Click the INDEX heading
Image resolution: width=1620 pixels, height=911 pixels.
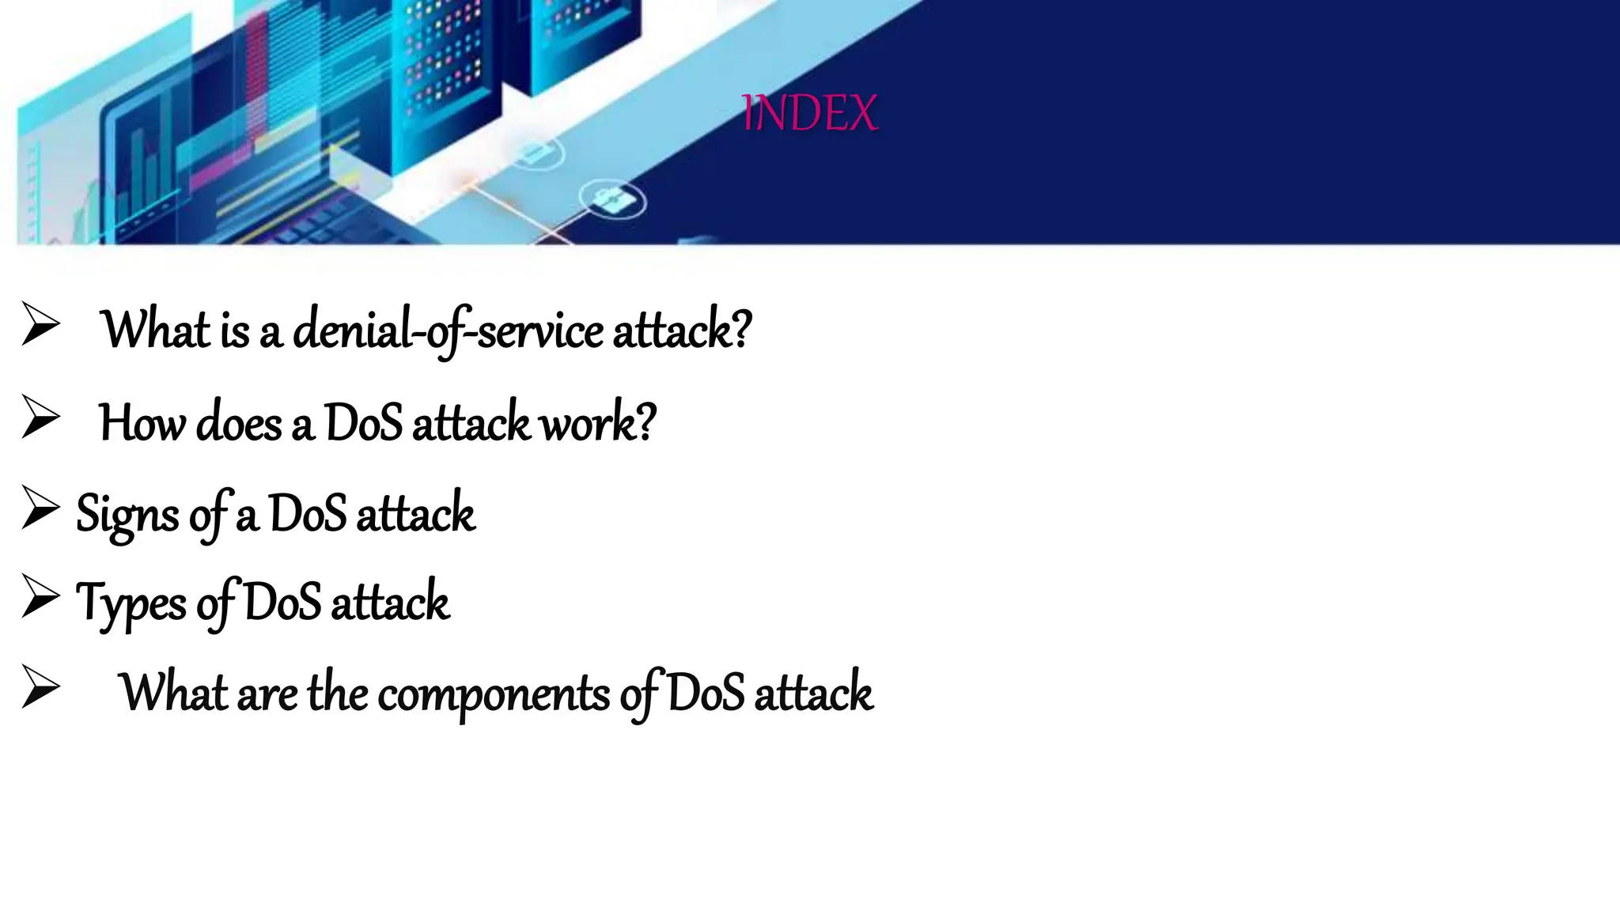click(809, 113)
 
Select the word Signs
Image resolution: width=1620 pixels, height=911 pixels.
click(127, 515)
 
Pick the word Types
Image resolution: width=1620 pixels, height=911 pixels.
click(131, 603)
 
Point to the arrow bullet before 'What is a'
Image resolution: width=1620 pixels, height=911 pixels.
click(40, 324)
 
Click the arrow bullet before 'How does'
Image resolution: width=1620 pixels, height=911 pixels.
click(40, 417)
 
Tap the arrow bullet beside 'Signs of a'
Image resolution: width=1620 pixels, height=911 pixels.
click(40, 508)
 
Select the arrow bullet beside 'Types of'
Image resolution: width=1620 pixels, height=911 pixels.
click(40, 596)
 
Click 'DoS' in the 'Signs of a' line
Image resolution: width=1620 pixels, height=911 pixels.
click(307, 513)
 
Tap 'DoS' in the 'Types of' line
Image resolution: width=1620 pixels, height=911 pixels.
click(282, 602)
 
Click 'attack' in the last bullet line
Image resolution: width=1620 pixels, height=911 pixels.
click(812, 693)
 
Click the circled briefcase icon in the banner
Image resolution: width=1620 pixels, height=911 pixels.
click(612, 201)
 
